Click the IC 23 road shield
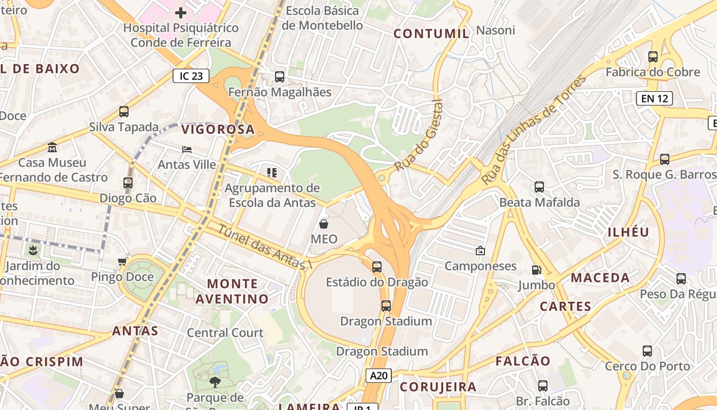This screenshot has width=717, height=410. pyautogui.click(x=192, y=76)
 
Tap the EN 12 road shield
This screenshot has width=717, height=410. pyautogui.click(x=654, y=98)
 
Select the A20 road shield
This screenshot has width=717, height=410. pyautogui.click(x=378, y=376)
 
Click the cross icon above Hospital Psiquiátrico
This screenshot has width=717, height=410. pyautogui.click(x=180, y=12)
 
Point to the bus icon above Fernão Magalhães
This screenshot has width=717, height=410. pyautogui.click(x=280, y=77)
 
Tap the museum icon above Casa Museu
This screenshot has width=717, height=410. pyautogui.click(x=52, y=148)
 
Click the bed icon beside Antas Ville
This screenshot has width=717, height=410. pyautogui.click(x=187, y=150)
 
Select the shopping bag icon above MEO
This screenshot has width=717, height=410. pyautogui.click(x=324, y=224)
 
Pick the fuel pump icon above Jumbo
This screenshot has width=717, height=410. pyautogui.click(x=536, y=270)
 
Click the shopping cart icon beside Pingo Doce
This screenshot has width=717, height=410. pyautogui.click(x=122, y=262)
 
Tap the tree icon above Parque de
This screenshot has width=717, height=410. pyautogui.click(x=215, y=382)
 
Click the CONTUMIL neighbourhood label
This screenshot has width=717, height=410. pyautogui.click(x=431, y=34)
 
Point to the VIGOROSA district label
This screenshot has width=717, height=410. pyautogui.click(x=218, y=130)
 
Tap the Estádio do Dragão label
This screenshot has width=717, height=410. pyautogui.click(x=377, y=281)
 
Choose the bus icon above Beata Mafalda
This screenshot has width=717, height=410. pyautogui.click(x=539, y=187)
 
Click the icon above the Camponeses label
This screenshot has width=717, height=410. pyautogui.click(x=480, y=251)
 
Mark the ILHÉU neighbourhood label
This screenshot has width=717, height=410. pyautogui.click(x=628, y=232)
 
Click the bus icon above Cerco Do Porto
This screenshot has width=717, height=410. pyautogui.click(x=647, y=351)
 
